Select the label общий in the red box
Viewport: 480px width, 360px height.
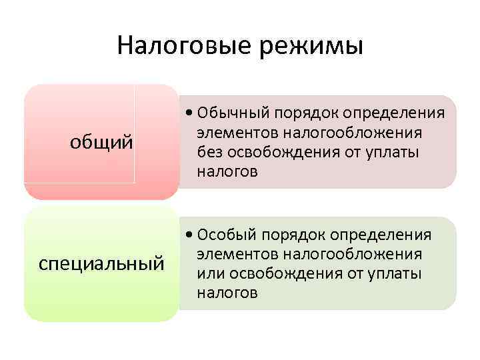point(102,142)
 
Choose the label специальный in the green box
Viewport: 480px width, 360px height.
point(102,263)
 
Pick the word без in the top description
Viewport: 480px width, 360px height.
point(209,153)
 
